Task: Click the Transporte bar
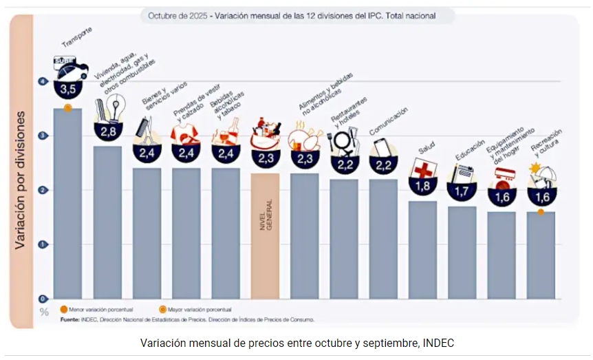pos(67,207)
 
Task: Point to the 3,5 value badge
pos(68,89)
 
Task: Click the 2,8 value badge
pos(108,131)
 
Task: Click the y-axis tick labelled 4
pos(43,81)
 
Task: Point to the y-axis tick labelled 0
pos(43,299)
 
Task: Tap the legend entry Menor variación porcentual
pos(96,310)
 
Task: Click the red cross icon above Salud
pos(422,169)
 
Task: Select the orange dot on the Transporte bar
pos(67,108)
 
